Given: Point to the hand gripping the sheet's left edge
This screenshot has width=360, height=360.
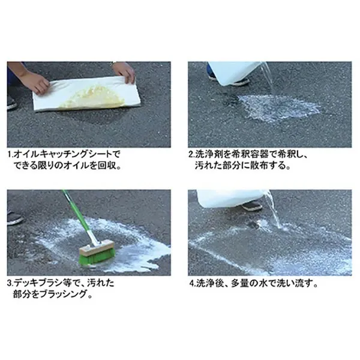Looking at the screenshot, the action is (x=36, y=82).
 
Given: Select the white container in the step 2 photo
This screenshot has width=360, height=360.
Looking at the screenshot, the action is (x=237, y=73).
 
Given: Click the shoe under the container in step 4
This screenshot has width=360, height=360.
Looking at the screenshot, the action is (x=252, y=206).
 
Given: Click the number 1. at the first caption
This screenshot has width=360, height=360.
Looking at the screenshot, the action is (x=11, y=154).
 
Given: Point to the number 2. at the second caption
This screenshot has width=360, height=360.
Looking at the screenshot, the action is (x=192, y=154).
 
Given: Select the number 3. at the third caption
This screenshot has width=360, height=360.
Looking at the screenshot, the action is (x=11, y=283).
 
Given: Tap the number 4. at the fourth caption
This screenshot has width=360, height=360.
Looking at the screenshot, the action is (x=193, y=284).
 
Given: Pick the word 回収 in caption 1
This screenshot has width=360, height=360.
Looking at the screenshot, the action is (x=107, y=166).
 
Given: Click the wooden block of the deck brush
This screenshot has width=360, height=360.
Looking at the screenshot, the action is (x=97, y=246).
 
